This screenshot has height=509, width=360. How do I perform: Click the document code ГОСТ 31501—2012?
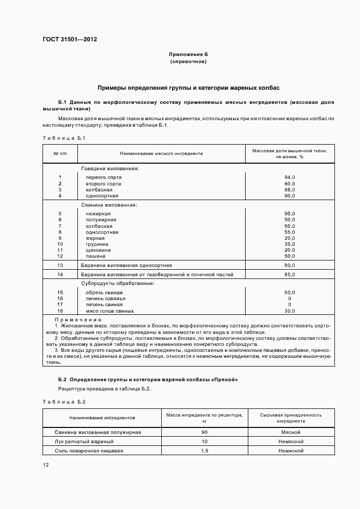(70, 39)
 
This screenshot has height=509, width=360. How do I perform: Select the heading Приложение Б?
(188, 55)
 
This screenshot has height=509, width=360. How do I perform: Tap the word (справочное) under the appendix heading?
(188, 62)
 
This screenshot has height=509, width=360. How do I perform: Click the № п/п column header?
(60, 153)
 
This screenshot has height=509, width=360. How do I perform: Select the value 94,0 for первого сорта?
(289, 177)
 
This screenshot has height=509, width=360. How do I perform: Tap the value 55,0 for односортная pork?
(289, 232)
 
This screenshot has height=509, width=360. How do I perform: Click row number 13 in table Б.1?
(60, 265)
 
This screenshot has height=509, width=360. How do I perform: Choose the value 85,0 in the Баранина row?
(289, 275)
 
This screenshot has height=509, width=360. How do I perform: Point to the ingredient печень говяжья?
(106, 299)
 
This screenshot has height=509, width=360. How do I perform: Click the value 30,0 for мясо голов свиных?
(289, 311)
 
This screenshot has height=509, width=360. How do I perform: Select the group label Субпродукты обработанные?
(118, 283)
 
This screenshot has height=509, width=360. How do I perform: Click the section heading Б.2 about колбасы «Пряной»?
(148, 378)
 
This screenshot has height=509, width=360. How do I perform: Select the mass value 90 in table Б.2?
(204, 432)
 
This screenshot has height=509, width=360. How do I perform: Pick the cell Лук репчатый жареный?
(84, 441)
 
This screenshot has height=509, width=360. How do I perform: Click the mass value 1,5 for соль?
(204, 450)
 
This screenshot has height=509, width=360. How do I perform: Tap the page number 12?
(46, 465)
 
